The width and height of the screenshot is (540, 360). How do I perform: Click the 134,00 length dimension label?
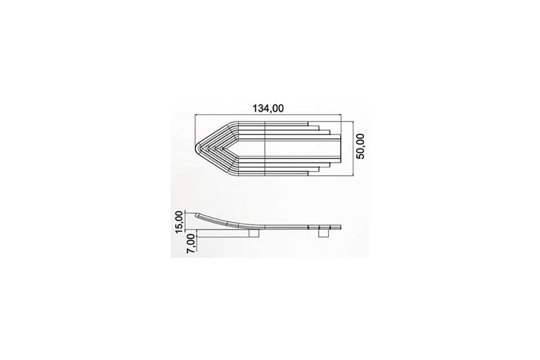[x=268, y=109]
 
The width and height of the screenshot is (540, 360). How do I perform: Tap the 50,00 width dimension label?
[x=361, y=146]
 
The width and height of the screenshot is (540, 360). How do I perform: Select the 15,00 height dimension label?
[x=179, y=222]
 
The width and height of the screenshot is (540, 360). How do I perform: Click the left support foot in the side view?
[x=254, y=233]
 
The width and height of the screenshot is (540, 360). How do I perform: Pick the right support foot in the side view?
[x=324, y=233]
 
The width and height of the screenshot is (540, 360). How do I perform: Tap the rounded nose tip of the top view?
[x=195, y=148]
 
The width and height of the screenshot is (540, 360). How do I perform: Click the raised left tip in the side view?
[x=196, y=215]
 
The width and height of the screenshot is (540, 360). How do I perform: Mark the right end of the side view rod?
[x=341, y=227]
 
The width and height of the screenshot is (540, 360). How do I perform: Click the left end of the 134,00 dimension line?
[x=195, y=115]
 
